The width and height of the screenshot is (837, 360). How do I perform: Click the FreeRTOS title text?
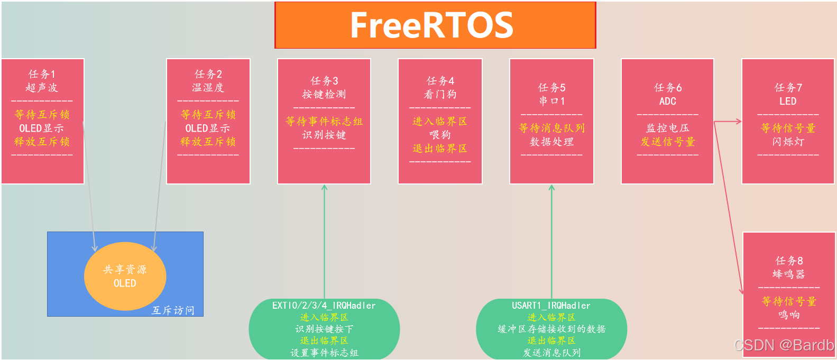pyautogui.click(x=431, y=25)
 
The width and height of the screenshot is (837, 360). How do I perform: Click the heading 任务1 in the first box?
pyautogui.click(x=42, y=74)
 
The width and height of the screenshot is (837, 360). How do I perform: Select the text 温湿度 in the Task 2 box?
pyautogui.click(x=208, y=88)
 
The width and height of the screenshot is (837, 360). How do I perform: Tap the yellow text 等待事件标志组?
pyautogui.click(x=324, y=122)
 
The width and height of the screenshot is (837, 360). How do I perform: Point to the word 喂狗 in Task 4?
pyautogui.click(x=440, y=135)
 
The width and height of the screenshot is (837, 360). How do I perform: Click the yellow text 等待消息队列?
pyautogui.click(x=551, y=128)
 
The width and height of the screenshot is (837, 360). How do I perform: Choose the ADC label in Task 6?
pyautogui.click(x=667, y=101)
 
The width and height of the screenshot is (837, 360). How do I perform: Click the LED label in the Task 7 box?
pyautogui.click(x=787, y=101)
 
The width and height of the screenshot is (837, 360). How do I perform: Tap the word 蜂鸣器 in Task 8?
pyautogui.click(x=788, y=274)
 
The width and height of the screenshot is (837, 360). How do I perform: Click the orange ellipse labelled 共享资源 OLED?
pyautogui.click(x=125, y=276)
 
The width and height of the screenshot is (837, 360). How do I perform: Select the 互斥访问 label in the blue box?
pyautogui.click(x=173, y=310)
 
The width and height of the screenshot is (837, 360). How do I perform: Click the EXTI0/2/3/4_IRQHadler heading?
pyautogui.click(x=324, y=306)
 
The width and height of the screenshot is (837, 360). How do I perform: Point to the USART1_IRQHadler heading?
pyautogui.click(x=551, y=306)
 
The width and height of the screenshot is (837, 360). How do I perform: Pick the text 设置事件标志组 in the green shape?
pyautogui.click(x=324, y=353)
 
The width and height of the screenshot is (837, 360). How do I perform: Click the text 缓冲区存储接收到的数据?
pyautogui.click(x=551, y=329)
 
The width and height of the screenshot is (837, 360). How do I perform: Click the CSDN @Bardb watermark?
pyautogui.click(x=784, y=345)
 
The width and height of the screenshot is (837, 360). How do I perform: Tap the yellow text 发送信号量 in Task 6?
pyautogui.click(x=667, y=142)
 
